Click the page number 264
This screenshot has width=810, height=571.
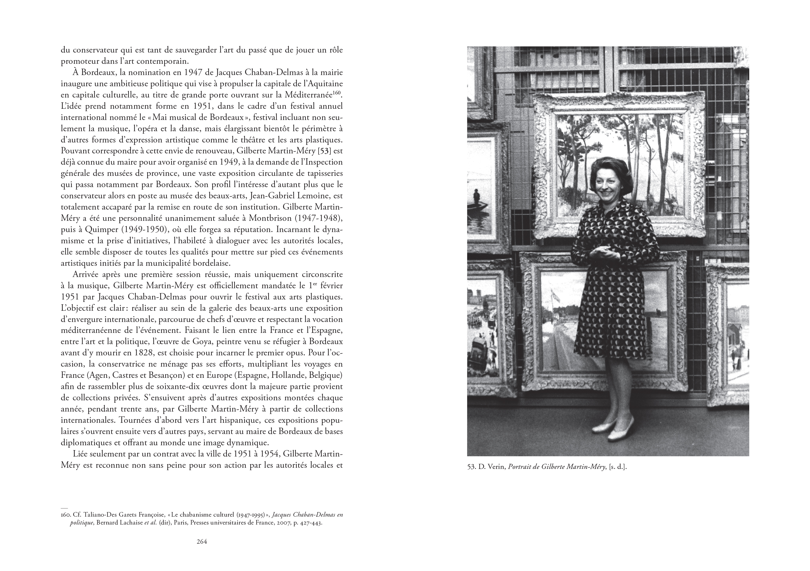(x=201, y=541)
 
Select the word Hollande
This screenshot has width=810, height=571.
(x=286, y=375)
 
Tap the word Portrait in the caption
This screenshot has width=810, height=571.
(x=521, y=467)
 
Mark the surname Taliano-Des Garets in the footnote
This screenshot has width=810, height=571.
(x=109, y=515)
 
